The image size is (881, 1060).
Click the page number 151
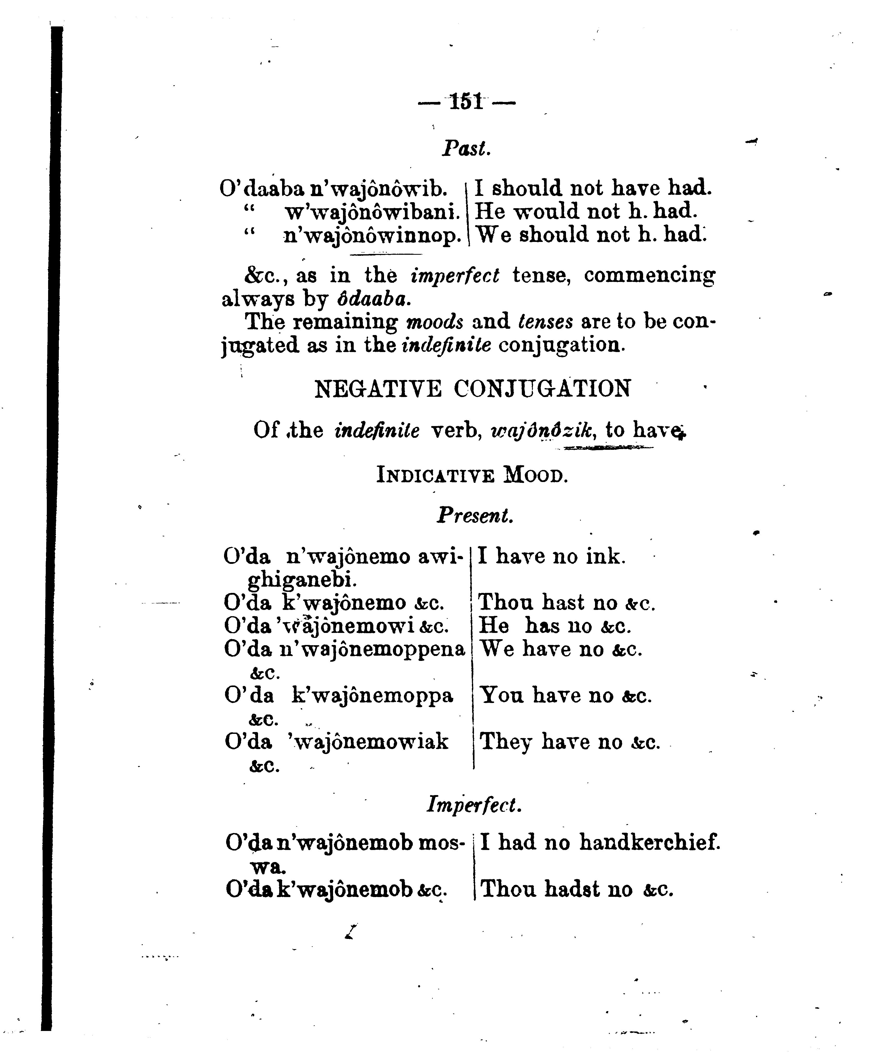[x=466, y=102]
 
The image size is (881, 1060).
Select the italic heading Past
[x=466, y=148]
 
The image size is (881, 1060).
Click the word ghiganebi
[x=302, y=581]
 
